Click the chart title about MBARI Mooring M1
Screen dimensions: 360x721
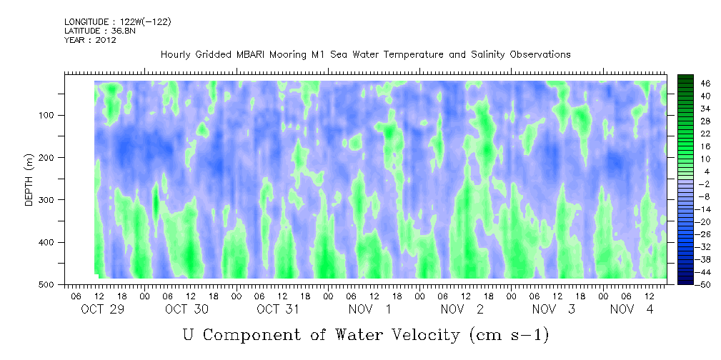pyautogui.click(x=365, y=54)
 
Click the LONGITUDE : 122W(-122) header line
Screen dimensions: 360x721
pyautogui.click(x=117, y=22)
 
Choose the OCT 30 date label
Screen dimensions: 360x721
pyautogui.click(x=187, y=309)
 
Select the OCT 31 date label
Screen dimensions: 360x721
pyautogui.click(x=278, y=309)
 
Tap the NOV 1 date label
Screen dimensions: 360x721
pyautogui.click(x=369, y=309)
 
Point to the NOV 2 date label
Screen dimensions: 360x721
pyautogui.click(x=462, y=309)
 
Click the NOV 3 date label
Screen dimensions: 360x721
pyautogui.click(x=553, y=309)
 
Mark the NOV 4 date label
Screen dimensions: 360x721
pyautogui.click(x=632, y=309)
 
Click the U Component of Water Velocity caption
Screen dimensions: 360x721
pyautogui.click(x=365, y=334)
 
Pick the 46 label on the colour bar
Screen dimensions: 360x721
pyautogui.click(x=686, y=83)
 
